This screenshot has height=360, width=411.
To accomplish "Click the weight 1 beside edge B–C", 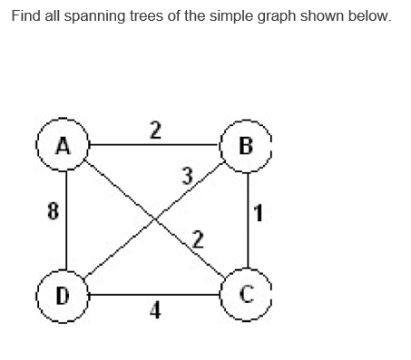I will (x=260, y=215).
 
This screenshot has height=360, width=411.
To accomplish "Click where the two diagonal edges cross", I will (x=155, y=219).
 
